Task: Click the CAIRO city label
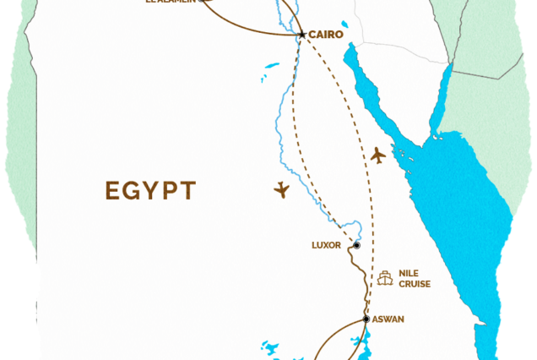point(326,35)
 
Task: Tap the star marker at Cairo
point(302,35)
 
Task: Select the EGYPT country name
point(151,190)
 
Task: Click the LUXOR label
point(326,246)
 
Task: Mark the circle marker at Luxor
point(356,246)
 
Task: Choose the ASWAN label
point(388,319)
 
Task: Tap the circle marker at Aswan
point(366,319)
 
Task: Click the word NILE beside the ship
point(409,273)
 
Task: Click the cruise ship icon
point(386,278)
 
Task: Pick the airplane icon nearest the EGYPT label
point(282,190)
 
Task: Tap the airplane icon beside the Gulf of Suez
point(377,155)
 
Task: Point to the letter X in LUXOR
point(326,246)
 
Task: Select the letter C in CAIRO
point(312,35)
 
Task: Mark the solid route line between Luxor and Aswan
point(362,283)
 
